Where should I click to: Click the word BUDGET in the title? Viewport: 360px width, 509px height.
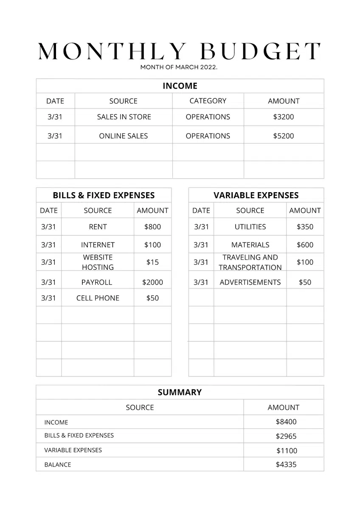260,51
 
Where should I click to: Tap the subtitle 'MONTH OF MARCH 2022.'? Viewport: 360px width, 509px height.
179,67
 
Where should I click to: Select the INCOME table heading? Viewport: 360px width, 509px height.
180,86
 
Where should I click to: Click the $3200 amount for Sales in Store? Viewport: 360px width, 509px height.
284,117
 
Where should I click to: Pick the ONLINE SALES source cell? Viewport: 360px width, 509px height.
124,136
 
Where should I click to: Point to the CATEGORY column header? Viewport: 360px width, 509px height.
208,101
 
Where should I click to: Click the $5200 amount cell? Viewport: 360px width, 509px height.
284,136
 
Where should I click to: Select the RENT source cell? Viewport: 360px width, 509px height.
98,227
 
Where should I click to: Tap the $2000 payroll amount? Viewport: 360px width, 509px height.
152,282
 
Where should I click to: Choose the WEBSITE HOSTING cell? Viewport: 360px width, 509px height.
98,262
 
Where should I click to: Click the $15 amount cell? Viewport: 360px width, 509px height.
152,262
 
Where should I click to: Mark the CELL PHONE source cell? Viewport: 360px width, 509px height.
98,298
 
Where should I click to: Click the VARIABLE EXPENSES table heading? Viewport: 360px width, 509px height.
256,196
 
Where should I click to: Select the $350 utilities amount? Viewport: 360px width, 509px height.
305,227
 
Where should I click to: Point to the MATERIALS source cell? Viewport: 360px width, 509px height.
250,245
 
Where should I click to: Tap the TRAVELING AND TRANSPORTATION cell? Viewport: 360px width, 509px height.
250,262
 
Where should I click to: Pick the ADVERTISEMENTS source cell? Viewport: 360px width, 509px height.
250,282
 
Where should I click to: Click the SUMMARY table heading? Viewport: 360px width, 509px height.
180,392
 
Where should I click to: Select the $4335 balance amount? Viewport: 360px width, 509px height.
286,464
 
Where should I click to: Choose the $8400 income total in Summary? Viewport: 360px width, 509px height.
286,422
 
